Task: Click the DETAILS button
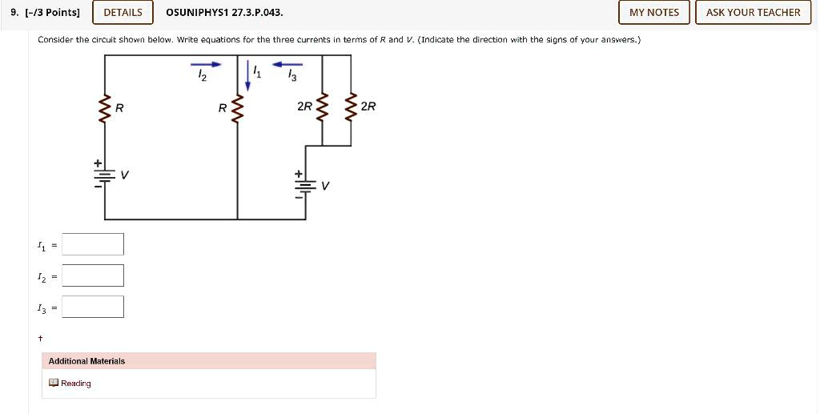[123, 12]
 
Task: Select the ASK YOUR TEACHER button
[753, 12]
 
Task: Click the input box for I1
[93, 244]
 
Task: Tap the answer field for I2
[93, 275]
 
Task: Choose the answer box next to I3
[93, 307]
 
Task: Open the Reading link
[75, 384]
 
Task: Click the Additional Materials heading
[86, 361]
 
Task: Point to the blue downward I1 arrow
[248, 70]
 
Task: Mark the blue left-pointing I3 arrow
[288, 64]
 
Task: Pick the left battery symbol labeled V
[103, 174]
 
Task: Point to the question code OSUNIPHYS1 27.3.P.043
[223, 12]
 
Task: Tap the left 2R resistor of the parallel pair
[322, 107]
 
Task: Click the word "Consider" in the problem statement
[54, 39]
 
